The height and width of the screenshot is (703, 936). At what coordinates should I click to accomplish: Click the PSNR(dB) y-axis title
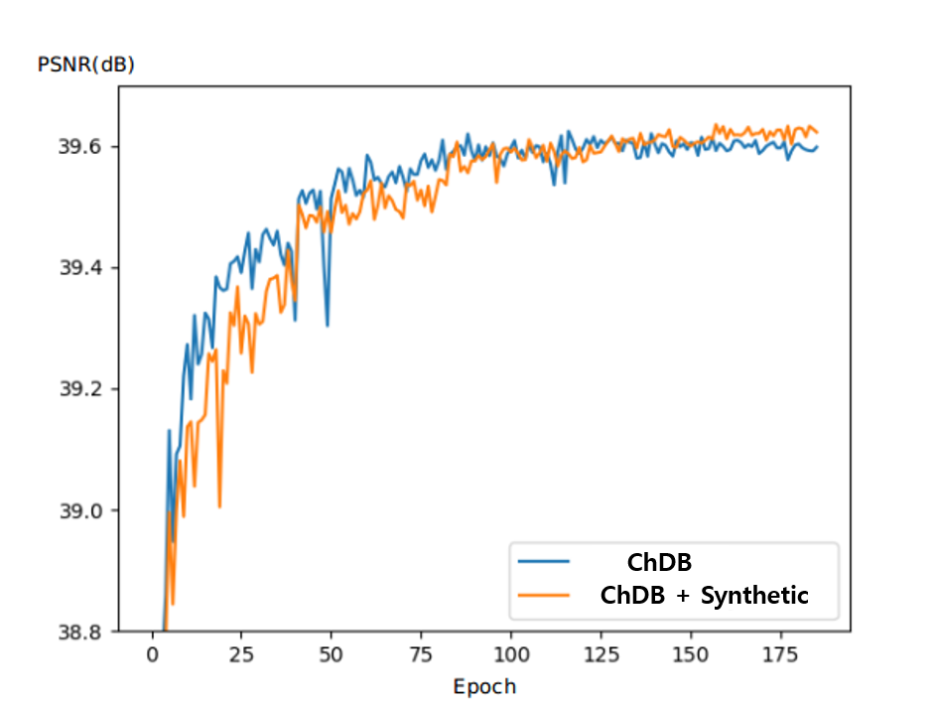coord(85,66)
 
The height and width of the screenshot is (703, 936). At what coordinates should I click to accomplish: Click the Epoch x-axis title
coord(484,686)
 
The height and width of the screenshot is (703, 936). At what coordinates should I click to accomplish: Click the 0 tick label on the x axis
coord(152,655)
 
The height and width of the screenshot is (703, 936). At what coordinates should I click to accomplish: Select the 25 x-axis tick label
coord(241,655)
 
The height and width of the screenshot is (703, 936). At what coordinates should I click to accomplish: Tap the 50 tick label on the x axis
coord(331,655)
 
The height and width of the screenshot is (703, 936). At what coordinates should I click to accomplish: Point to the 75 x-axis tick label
coord(421,655)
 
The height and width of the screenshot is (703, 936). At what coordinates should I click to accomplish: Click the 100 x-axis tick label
coord(510,655)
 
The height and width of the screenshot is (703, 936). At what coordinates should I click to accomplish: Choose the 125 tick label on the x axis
coord(601,655)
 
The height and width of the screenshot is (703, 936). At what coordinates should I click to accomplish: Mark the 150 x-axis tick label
coord(690,655)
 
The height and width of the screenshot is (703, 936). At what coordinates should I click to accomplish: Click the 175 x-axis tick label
coord(780,655)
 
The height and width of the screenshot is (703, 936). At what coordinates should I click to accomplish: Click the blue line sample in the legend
coord(544,562)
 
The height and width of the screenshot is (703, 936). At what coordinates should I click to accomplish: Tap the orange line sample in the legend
coord(544,596)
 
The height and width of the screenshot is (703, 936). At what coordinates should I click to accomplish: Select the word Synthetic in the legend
coord(754,596)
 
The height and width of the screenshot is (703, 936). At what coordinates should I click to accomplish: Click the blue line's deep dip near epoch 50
coord(327,325)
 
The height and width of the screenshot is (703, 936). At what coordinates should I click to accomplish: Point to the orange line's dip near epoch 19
coord(219,506)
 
